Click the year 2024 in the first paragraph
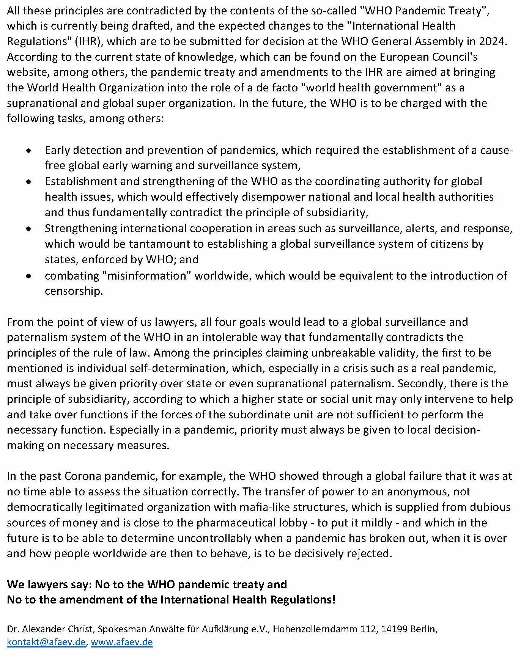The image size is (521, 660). [492, 41]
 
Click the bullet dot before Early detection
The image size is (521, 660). [28, 151]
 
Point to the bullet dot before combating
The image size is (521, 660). [28, 276]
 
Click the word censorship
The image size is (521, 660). [74, 291]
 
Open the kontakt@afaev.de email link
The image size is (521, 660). [46, 642]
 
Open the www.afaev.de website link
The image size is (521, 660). [122, 642]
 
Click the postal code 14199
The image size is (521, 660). [396, 629]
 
